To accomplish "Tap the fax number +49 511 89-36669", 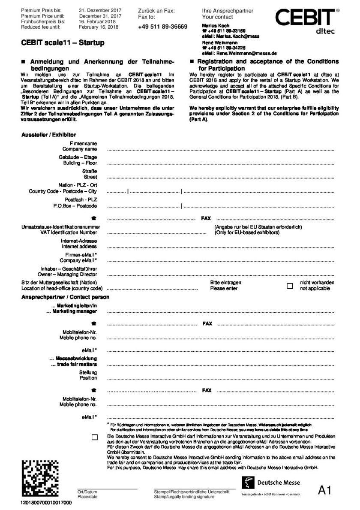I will click(163, 27).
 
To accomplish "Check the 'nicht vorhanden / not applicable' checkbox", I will click(290, 286).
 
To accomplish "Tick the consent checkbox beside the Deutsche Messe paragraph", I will click(94, 437).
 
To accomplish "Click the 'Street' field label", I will click(90, 177).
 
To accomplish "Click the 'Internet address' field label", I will click(79, 247).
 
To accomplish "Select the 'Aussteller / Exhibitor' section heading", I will click(49, 135).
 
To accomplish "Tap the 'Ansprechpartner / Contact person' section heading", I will click(65, 297).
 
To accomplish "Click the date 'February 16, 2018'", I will click(99, 27).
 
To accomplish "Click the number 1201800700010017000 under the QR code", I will click(46, 502).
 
